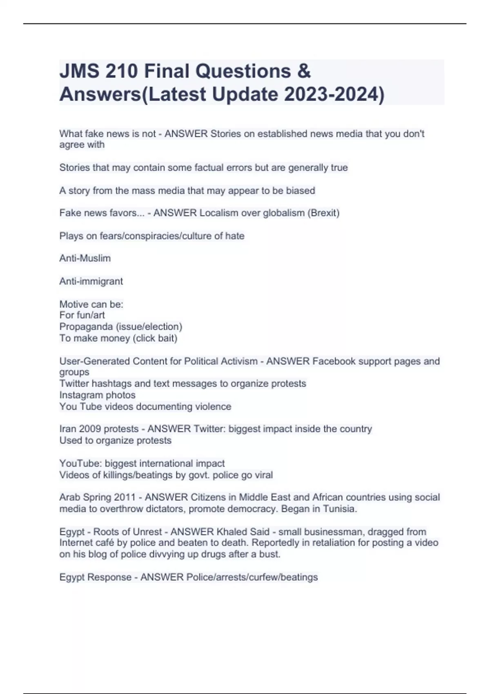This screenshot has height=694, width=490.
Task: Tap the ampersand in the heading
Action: pyautogui.click(x=304, y=71)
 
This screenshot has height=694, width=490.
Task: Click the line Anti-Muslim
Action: pyautogui.click(x=85, y=258)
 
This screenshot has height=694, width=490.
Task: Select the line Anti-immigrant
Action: pyautogui.click(x=91, y=281)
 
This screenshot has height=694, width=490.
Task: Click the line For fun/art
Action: pyautogui.click(x=82, y=315)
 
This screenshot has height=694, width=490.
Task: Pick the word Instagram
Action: pyautogui.click(x=79, y=395)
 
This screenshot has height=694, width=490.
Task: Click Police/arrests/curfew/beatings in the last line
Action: pyautogui.click(x=252, y=577)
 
